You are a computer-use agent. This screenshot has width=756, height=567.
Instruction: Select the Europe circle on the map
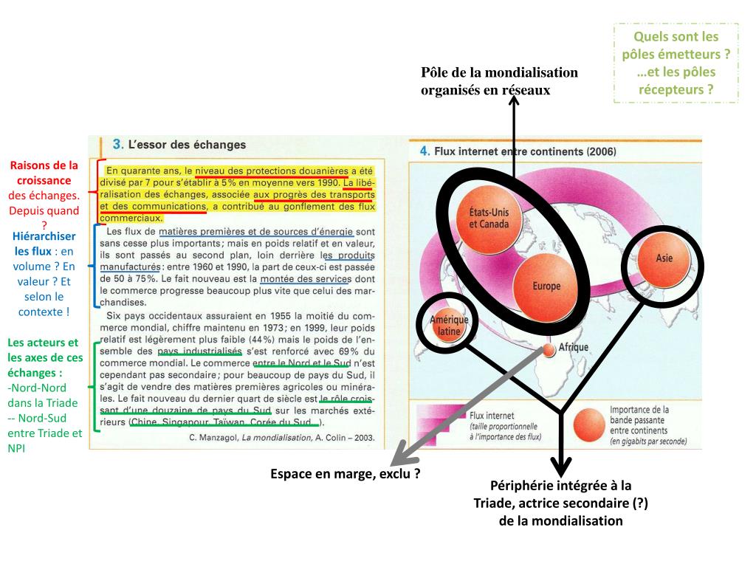click(546, 286)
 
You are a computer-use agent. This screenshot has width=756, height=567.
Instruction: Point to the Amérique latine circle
click(445, 326)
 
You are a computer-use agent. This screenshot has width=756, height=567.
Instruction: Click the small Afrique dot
click(549, 350)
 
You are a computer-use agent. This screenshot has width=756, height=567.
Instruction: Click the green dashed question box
click(676, 63)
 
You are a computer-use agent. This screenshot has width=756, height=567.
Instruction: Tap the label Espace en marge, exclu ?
click(346, 474)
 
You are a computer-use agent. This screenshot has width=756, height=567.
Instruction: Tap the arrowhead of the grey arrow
click(396, 452)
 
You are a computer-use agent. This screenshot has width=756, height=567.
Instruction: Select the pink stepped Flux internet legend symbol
click(439, 424)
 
